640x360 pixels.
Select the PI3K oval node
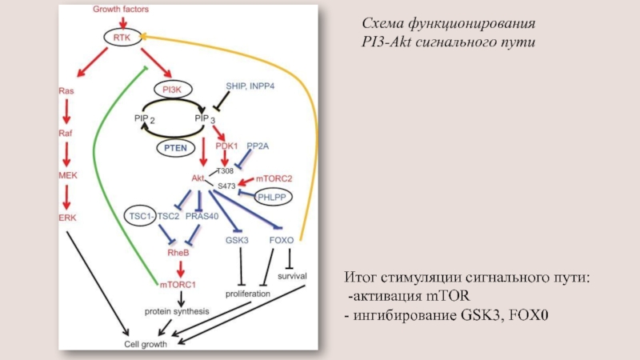pos(173,90)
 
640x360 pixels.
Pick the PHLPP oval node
pos(272,196)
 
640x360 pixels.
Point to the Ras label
pos(66,92)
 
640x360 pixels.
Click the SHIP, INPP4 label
pos(250,86)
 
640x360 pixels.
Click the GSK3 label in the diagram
pos(238,240)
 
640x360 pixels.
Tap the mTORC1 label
pos(178,284)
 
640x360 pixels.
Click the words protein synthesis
pos(176,310)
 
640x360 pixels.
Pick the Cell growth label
pos(144,343)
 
